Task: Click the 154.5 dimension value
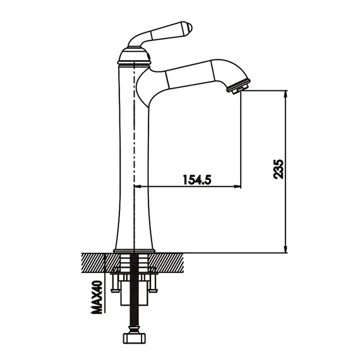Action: [x=197, y=179]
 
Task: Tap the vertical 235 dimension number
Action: [x=279, y=169]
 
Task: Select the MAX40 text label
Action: [x=97, y=297]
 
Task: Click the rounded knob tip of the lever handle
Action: [x=187, y=27]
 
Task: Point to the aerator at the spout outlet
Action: [x=239, y=87]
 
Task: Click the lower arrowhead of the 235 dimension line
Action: [x=285, y=249]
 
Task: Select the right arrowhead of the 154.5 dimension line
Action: [x=237, y=186]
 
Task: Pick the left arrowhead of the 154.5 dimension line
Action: [x=138, y=186]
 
